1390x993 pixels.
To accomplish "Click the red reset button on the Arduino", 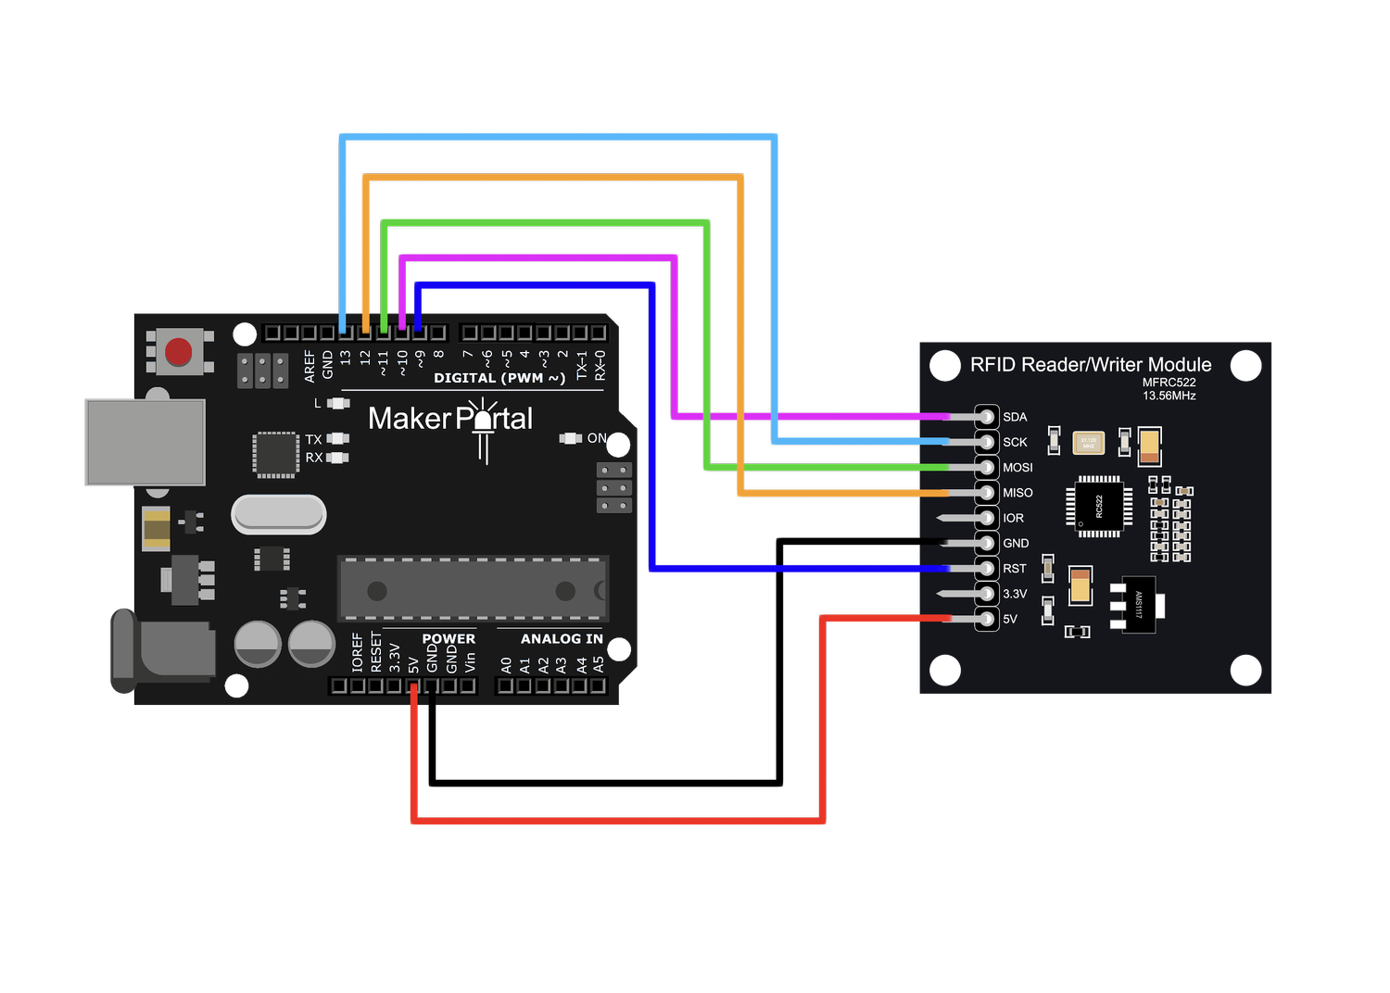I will (x=178, y=352).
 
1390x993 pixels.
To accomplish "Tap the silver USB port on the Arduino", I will (x=145, y=442).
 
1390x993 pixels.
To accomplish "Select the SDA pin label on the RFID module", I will (x=1015, y=417).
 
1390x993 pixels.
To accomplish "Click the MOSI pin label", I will (x=1017, y=468).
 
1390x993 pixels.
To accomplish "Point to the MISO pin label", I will (x=1017, y=493).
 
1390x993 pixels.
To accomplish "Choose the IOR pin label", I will (x=1013, y=519).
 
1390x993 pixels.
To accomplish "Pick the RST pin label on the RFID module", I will (x=1015, y=569).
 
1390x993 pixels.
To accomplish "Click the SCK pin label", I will (x=1015, y=443).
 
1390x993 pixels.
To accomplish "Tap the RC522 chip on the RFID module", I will (x=1099, y=506).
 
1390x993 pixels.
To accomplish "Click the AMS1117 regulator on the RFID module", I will (x=1138, y=606).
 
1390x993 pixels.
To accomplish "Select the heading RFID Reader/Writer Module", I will (x=1091, y=365).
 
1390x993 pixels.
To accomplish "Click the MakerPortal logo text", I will (x=450, y=419).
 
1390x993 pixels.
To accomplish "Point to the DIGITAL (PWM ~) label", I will (x=499, y=378).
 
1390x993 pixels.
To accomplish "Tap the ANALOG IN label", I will (x=562, y=639).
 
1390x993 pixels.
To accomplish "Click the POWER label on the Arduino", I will (x=449, y=639).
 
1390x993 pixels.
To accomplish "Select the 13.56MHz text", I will (x=1169, y=396).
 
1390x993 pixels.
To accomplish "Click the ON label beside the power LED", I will (x=597, y=438).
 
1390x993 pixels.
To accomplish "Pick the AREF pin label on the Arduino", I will (x=310, y=366).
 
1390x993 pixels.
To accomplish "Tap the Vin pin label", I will (x=470, y=661).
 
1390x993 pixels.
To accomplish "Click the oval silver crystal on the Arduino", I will (x=279, y=514).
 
